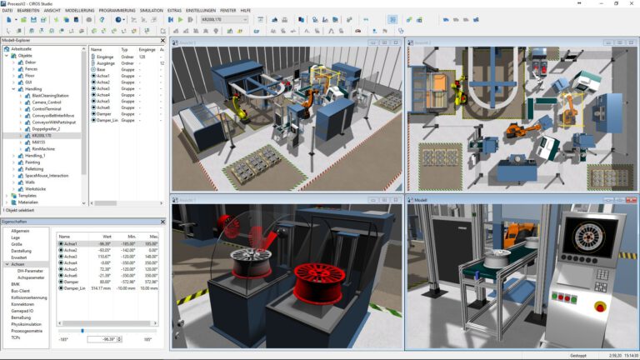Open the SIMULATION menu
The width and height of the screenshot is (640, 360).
152,10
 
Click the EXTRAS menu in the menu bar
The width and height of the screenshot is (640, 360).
173,10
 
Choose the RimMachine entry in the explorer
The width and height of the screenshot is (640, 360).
42,148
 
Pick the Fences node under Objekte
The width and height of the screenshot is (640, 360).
31,68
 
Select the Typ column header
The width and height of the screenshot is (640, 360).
125,49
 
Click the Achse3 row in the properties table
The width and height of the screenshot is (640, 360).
70,256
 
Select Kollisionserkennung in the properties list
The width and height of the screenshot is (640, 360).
29,297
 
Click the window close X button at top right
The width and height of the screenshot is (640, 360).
633,3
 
